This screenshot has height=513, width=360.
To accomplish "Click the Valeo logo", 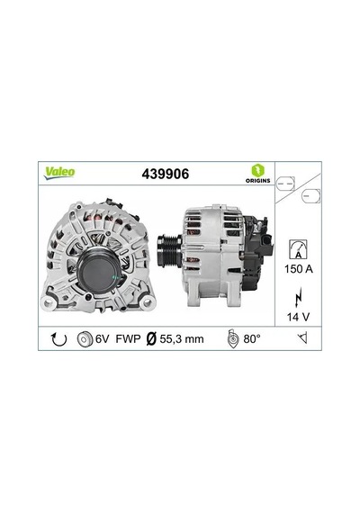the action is coord(59,173).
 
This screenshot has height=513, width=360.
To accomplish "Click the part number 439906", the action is coord(166,174).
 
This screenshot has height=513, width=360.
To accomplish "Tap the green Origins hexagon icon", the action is coord(257,170).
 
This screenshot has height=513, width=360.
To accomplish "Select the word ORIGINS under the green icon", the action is coord(258,181).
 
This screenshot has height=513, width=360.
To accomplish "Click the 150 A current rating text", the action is coord(299,269).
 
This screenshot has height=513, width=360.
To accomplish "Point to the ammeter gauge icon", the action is coord(298,249).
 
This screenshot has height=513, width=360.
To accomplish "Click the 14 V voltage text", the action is coord(298,317).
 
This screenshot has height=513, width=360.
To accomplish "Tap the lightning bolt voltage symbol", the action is coord(298,297).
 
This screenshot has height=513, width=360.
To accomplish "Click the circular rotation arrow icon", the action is coord(58,339).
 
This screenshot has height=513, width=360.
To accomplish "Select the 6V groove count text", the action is coord(102,339).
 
